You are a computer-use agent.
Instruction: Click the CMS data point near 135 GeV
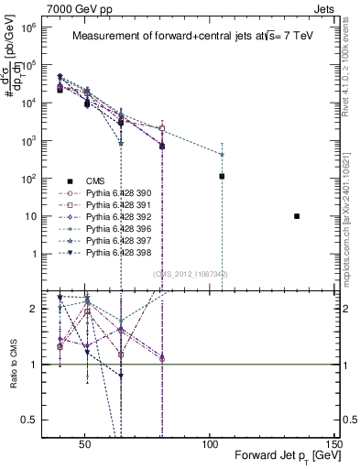click(297, 216)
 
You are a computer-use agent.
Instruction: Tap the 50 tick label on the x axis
click(85, 448)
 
